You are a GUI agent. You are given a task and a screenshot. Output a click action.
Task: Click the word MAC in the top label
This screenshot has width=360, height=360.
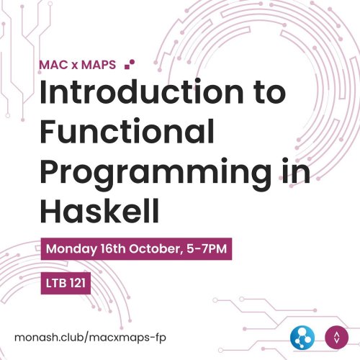54,63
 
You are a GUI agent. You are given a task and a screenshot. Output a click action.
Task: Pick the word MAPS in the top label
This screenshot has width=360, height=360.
100,63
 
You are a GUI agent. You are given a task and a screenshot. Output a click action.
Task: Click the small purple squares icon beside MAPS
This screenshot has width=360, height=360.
130,63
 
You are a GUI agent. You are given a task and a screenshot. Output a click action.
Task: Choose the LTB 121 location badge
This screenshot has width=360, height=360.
66,284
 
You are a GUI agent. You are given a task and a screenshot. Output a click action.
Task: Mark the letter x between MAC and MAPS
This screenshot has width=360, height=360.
78,64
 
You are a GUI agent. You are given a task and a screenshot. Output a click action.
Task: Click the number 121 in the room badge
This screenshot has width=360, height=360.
76,284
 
